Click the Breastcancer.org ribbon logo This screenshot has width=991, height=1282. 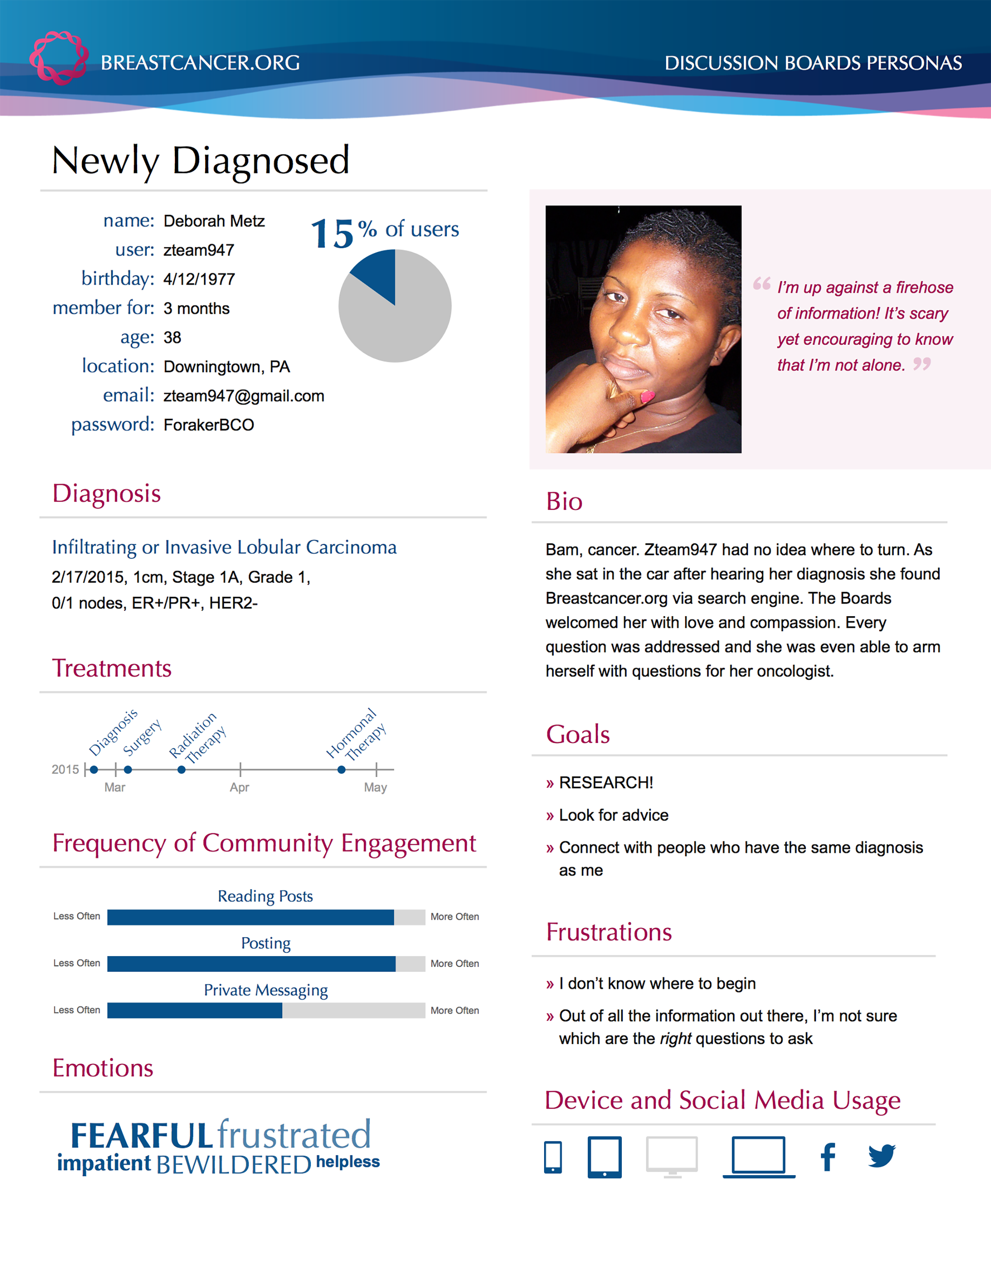pyautogui.click(x=59, y=58)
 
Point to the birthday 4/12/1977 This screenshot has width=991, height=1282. pyautogui.click(x=199, y=279)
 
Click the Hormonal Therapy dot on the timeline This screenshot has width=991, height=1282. pyautogui.click(x=341, y=770)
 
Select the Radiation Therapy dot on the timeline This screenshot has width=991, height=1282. pyautogui.click(x=181, y=770)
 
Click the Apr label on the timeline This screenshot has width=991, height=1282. pyautogui.click(x=239, y=787)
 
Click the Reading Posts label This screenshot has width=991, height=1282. pyautogui.click(x=265, y=896)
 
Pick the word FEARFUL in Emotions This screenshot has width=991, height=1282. pyautogui.click(x=141, y=1136)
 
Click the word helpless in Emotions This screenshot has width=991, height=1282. pyautogui.click(x=347, y=1162)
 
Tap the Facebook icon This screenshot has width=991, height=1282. pyautogui.click(x=828, y=1157)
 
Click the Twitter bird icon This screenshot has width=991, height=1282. pyautogui.click(x=882, y=1155)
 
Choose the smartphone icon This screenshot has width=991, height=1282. pyautogui.click(x=553, y=1157)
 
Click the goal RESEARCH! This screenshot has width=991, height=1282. pyautogui.click(x=606, y=782)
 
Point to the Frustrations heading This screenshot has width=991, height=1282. pyautogui.click(x=609, y=932)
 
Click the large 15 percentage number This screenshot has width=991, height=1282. pyautogui.click(x=332, y=233)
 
